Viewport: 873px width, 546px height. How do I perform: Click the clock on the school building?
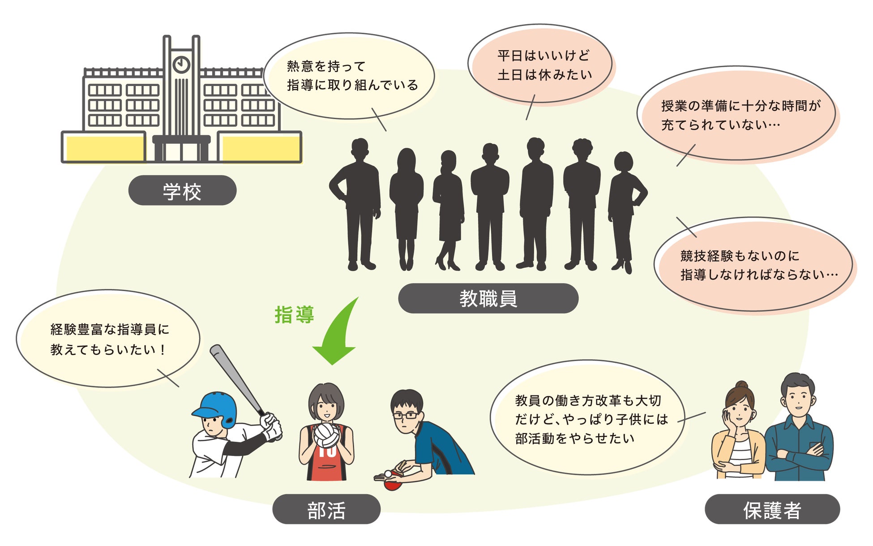[x=181, y=64]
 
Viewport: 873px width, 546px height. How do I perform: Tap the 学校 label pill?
[x=182, y=191]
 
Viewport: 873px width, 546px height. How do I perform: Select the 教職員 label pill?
[x=488, y=298]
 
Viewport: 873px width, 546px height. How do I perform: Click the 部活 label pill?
[x=326, y=509]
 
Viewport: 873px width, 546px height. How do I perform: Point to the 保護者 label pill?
[x=772, y=509]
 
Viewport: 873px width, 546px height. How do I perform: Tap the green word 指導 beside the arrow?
[x=294, y=315]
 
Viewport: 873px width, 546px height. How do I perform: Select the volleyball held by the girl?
[x=326, y=435]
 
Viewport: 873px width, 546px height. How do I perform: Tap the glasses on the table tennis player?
[x=405, y=416]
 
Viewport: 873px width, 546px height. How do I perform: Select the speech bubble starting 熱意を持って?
[x=349, y=76]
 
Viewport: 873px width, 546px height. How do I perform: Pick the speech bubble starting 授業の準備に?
[x=736, y=114]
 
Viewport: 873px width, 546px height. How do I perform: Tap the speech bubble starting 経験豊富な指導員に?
[x=108, y=339]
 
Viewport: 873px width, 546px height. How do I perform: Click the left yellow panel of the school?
[x=105, y=148]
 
